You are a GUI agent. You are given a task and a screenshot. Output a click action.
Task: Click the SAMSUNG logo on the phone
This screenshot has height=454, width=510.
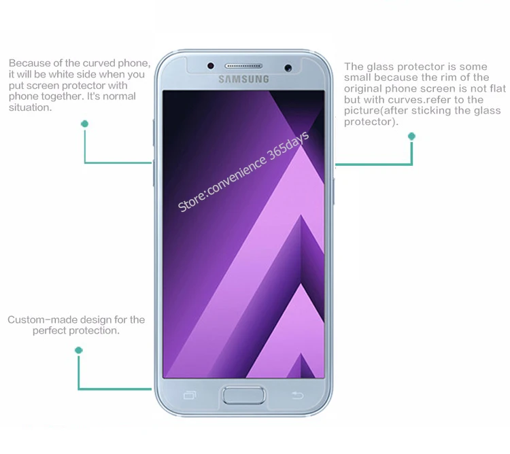pyautogui.click(x=243, y=80)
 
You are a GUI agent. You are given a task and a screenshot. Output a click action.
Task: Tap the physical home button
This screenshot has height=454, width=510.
pyautogui.click(x=244, y=395)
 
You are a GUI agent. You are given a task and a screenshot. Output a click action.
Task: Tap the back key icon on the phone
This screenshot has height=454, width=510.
pyautogui.click(x=296, y=396)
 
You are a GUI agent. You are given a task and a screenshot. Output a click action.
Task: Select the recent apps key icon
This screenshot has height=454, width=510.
pyautogui.click(x=190, y=396)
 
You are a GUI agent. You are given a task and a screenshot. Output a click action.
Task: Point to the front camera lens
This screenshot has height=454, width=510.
pyautogui.click(x=288, y=66)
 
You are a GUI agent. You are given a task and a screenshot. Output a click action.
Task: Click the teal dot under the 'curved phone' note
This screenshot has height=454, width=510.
pyautogui.click(x=84, y=124)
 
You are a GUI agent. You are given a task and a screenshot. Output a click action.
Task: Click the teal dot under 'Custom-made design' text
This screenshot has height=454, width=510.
pyautogui.click(x=78, y=350)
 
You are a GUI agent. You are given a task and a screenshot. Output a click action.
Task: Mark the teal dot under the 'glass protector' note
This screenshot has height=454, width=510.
pyautogui.click(x=411, y=137)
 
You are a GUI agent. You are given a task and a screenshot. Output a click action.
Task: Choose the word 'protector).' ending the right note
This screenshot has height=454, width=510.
pyautogui.click(x=371, y=122)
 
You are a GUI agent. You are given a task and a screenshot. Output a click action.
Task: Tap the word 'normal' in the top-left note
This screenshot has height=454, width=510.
pyautogui.click(x=118, y=97)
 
